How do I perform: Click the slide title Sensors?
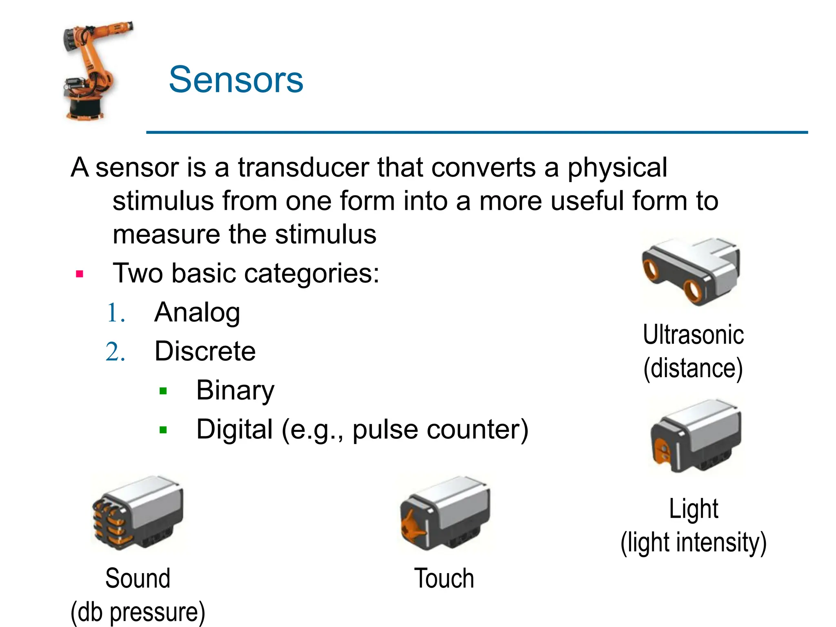[x=236, y=80]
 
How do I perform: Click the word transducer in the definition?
[x=304, y=167]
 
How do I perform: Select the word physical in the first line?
[x=617, y=167]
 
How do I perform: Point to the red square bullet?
[x=80, y=274]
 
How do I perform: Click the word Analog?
[x=197, y=312]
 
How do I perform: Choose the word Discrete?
[x=205, y=351]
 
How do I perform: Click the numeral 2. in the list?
[x=115, y=352]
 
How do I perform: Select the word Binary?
[x=235, y=390]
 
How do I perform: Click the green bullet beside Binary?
[x=163, y=391]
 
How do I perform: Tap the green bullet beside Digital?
[x=163, y=430]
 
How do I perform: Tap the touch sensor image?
[x=445, y=513]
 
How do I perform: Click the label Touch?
[x=444, y=578]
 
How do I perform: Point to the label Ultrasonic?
[x=693, y=335]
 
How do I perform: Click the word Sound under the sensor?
[x=138, y=578]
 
